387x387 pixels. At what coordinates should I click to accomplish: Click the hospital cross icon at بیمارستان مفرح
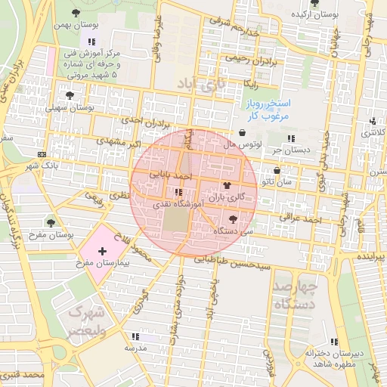(x=102, y=249)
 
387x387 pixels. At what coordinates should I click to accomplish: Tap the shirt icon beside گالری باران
(x=227, y=184)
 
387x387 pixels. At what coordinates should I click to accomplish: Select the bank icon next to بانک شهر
(x=41, y=153)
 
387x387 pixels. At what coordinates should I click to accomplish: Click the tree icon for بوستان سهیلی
(x=70, y=96)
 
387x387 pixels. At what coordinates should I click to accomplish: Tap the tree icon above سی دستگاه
(x=232, y=218)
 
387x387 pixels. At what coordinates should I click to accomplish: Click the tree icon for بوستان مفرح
(x=51, y=223)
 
